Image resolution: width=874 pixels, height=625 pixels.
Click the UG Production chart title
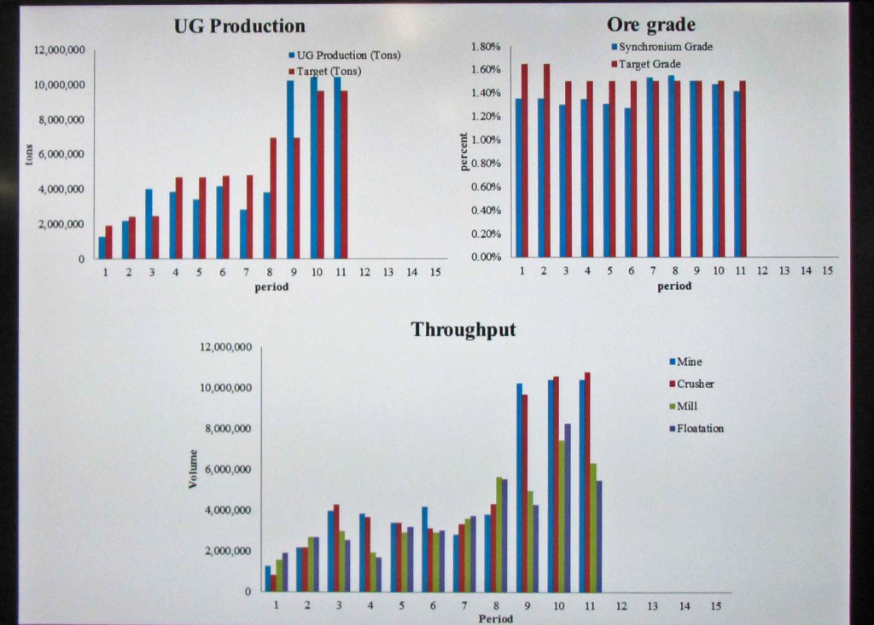pyautogui.click(x=239, y=26)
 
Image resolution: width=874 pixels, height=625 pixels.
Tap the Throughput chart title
pyautogui.click(x=463, y=329)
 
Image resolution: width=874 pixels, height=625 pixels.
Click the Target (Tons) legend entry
pyautogui.click(x=328, y=72)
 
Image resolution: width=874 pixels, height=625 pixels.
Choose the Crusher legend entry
pyautogui.click(x=694, y=384)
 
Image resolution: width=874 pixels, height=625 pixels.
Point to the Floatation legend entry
pyautogui.click(x=699, y=428)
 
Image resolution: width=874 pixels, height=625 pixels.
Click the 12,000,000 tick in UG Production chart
pyautogui.click(x=59, y=50)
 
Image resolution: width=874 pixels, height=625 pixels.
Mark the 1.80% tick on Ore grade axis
pyautogui.click(x=485, y=46)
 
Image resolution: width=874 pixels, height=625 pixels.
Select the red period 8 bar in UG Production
pyautogui.click(x=273, y=198)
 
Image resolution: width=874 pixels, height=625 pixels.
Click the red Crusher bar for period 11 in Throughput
pyautogui.click(x=586, y=482)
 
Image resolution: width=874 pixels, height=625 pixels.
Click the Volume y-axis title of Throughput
pyautogui.click(x=193, y=469)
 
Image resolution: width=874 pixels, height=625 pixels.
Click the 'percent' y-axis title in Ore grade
pyautogui.click(x=464, y=152)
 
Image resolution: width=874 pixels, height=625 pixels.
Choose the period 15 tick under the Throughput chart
pyautogui.click(x=715, y=605)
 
